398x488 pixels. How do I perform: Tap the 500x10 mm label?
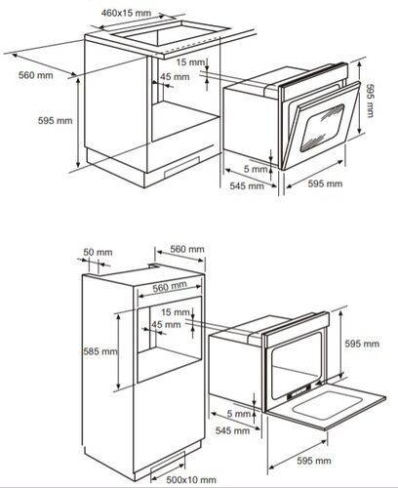tap(191, 479)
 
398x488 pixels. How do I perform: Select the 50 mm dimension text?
tap(98, 252)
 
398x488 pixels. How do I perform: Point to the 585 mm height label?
tap(100, 351)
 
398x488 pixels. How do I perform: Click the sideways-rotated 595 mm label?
tap(370, 101)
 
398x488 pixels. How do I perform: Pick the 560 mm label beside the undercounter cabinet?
tap(36, 75)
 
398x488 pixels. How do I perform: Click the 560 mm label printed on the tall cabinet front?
tap(170, 287)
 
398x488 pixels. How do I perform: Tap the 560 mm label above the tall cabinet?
tap(187, 249)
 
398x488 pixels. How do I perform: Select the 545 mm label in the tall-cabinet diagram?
tap(232, 430)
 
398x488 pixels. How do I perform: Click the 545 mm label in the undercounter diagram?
tap(247, 186)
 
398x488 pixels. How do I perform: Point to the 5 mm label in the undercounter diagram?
tap(256, 169)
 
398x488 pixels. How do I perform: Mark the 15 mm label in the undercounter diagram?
tap(190, 61)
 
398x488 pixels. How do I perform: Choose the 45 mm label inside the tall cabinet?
tap(166, 324)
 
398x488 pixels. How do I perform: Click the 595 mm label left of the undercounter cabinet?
tap(56, 120)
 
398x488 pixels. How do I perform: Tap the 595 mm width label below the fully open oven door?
tap(314, 461)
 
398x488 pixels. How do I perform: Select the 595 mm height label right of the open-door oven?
tap(362, 344)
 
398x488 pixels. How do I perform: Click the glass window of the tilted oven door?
tap(322, 128)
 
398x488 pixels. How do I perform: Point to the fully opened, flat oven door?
tap(326, 405)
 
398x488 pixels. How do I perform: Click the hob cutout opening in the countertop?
tap(169, 33)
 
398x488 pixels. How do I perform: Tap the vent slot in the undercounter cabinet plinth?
tap(182, 167)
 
